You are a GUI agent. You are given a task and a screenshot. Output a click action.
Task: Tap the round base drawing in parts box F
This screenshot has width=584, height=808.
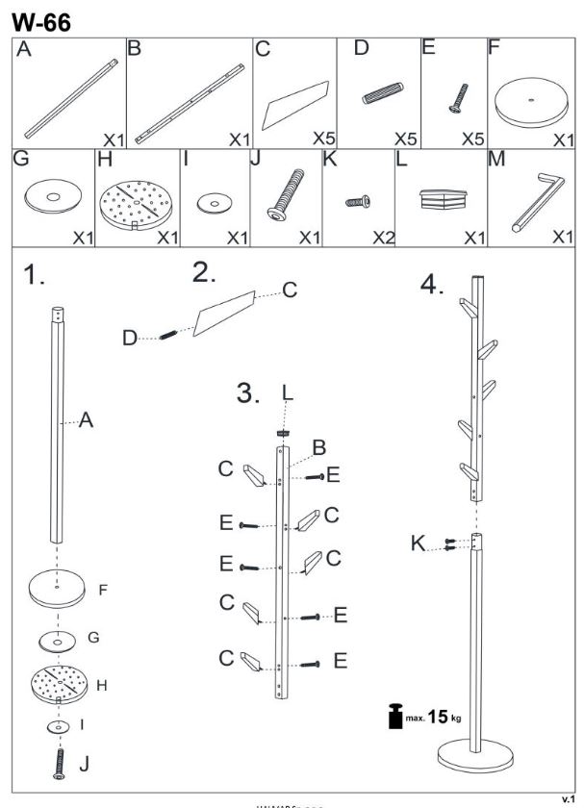click(x=531, y=103)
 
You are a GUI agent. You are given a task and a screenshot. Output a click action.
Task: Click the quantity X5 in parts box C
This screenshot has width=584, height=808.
click(x=323, y=139)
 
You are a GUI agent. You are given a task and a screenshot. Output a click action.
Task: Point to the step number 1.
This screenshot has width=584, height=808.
click(x=35, y=277)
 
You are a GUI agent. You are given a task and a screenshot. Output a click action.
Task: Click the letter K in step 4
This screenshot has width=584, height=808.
click(x=418, y=543)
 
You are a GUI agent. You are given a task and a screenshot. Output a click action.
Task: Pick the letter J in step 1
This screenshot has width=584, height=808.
click(x=85, y=765)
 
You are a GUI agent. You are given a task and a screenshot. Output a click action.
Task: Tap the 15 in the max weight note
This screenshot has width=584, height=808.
click(x=439, y=716)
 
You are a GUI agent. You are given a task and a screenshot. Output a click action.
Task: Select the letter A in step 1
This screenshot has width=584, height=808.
click(x=86, y=421)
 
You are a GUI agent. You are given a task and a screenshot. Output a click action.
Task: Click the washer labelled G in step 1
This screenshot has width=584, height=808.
click(x=57, y=639)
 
